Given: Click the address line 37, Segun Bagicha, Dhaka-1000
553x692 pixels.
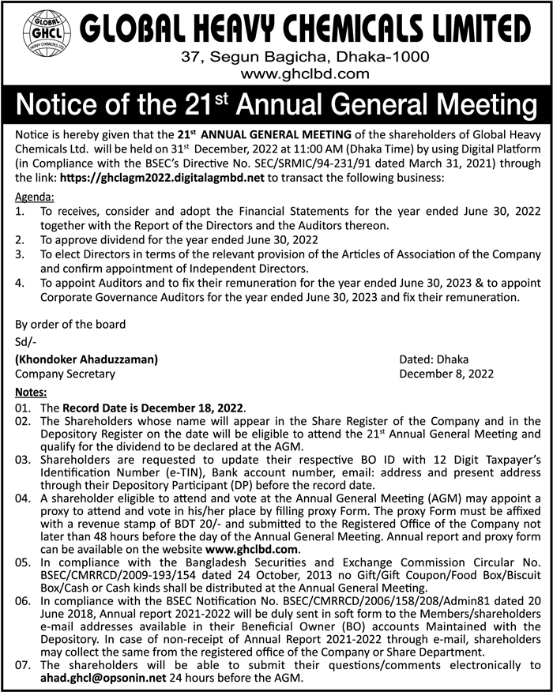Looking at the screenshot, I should click(305, 57).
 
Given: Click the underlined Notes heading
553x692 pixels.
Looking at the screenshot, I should click(32, 392).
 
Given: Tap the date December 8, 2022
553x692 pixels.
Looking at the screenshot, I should click(446, 374).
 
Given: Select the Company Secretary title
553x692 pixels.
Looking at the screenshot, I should click(65, 374).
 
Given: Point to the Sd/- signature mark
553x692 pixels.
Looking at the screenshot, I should click(26, 341).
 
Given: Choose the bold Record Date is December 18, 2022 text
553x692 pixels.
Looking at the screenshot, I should click(154, 408).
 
